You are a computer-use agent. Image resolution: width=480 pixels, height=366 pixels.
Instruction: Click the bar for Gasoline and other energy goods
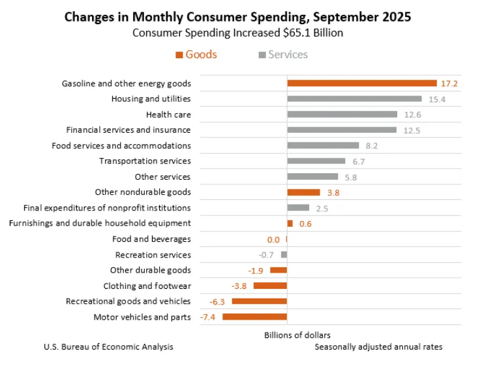coord(362,83)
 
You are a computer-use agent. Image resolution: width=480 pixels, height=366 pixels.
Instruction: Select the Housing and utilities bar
coord(354,99)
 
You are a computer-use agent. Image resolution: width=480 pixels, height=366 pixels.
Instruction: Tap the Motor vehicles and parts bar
coord(254,317)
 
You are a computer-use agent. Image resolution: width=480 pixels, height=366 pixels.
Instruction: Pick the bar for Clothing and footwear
coord(270,286)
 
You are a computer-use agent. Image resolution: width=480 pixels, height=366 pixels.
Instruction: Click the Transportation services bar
coord(316,161)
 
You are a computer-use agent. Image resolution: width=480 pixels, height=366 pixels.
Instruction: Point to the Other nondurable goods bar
coord(303,192)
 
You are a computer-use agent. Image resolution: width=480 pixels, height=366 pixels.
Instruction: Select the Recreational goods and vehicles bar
coord(260,301)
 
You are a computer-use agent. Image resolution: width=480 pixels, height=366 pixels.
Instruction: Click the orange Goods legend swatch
coord(179,55)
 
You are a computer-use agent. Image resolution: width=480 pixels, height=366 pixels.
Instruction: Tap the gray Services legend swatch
coord(262,55)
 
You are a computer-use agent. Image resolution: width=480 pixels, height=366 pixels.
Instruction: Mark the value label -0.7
coord(265,255)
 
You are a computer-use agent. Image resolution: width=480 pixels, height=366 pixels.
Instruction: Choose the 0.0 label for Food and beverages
coord(273,239)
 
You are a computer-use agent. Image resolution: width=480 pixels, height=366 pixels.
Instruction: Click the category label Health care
coord(168,114)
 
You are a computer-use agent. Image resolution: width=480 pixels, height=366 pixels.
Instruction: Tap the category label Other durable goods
coord(151,270)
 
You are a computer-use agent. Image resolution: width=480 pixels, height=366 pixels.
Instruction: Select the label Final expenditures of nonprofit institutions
coord(107,208)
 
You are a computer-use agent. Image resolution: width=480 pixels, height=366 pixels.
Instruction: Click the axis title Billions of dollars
coord(288,335)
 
